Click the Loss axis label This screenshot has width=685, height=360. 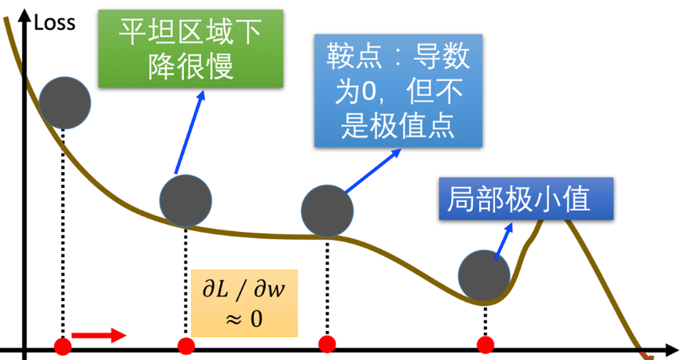pyautogui.click(x=55, y=22)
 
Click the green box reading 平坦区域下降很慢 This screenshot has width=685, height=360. pyautogui.click(x=191, y=49)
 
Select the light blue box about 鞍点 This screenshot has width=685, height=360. pyautogui.click(x=398, y=90)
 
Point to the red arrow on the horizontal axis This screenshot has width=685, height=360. pyautogui.click(x=98, y=336)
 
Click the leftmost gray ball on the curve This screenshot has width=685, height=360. pyautogui.click(x=64, y=102)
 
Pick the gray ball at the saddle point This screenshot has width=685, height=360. pyautogui.click(x=328, y=210)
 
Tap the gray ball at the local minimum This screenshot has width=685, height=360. pyautogui.click(x=485, y=275)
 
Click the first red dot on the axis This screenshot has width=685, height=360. pyautogui.click(x=62, y=345)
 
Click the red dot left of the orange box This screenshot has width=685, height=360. pyautogui.click(x=185, y=345)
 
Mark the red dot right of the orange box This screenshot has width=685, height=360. pyautogui.click(x=328, y=344)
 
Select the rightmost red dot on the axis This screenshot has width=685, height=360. pyautogui.click(x=485, y=344)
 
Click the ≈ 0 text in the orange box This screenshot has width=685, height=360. pyautogui.click(x=244, y=318)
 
